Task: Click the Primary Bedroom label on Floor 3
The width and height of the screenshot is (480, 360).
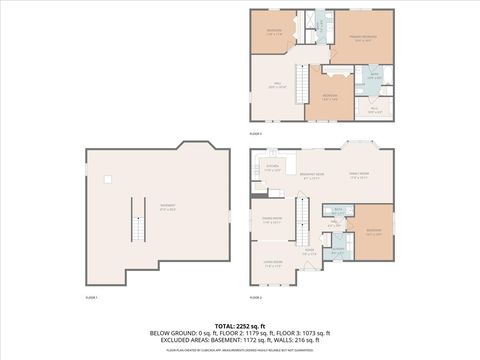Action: (x=361, y=41)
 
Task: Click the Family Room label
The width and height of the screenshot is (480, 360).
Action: (x=358, y=175)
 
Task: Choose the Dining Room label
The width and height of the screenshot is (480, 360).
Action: (x=272, y=219)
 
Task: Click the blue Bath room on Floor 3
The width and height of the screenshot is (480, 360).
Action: (x=372, y=76)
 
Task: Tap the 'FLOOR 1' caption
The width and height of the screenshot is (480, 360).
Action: (x=91, y=298)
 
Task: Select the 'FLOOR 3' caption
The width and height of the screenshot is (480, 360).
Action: (x=255, y=133)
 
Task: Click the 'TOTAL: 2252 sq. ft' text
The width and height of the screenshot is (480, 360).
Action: (x=239, y=325)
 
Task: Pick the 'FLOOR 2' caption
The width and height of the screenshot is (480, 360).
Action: (x=255, y=298)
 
